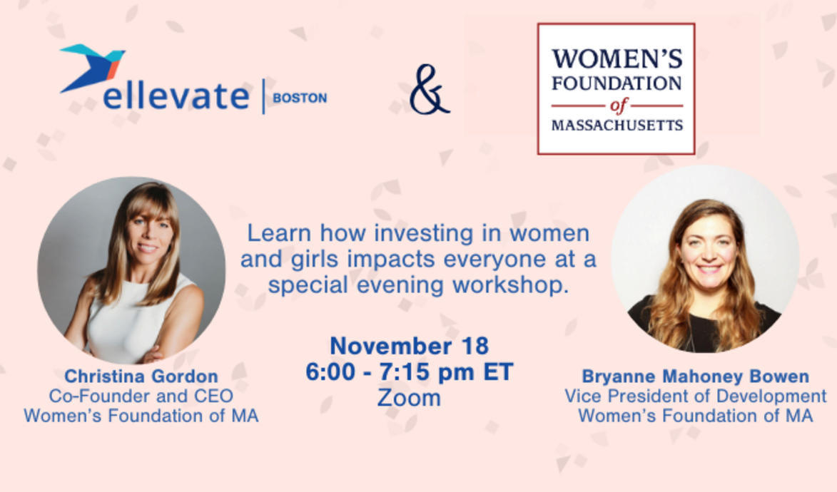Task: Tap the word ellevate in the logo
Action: point(176,97)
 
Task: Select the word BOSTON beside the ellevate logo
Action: point(300,98)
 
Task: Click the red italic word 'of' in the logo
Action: point(617,106)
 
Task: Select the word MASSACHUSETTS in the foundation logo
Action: point(617,125)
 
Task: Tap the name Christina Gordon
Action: point(141,376)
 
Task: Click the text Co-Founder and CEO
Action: point(141,395)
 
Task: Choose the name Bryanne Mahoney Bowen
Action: point(695,376)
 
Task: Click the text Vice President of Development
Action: point(695,396)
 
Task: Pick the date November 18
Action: point(409,346)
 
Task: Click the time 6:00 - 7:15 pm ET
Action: point(409,372)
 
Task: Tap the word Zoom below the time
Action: point(409,398)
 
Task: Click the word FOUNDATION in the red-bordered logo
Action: point(617,83)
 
